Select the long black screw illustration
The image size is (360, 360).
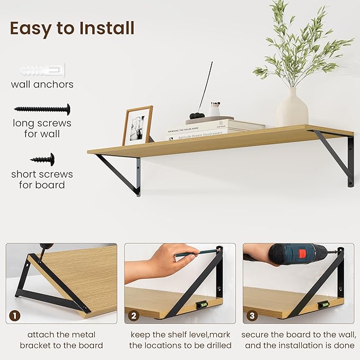coord(42,109)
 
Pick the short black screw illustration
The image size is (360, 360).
coord(42,158)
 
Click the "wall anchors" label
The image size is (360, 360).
coord(42,84)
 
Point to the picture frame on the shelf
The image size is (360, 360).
coord(137,125)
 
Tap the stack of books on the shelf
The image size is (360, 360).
coord(215,129)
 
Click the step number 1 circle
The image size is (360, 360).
coord(14,316)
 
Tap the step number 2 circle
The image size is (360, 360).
coord(133,316)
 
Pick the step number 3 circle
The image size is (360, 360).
coord(252,316)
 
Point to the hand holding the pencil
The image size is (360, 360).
coord(156,260)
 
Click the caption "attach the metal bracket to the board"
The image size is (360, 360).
coord(62,340)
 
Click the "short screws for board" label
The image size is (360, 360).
coord(42,179)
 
